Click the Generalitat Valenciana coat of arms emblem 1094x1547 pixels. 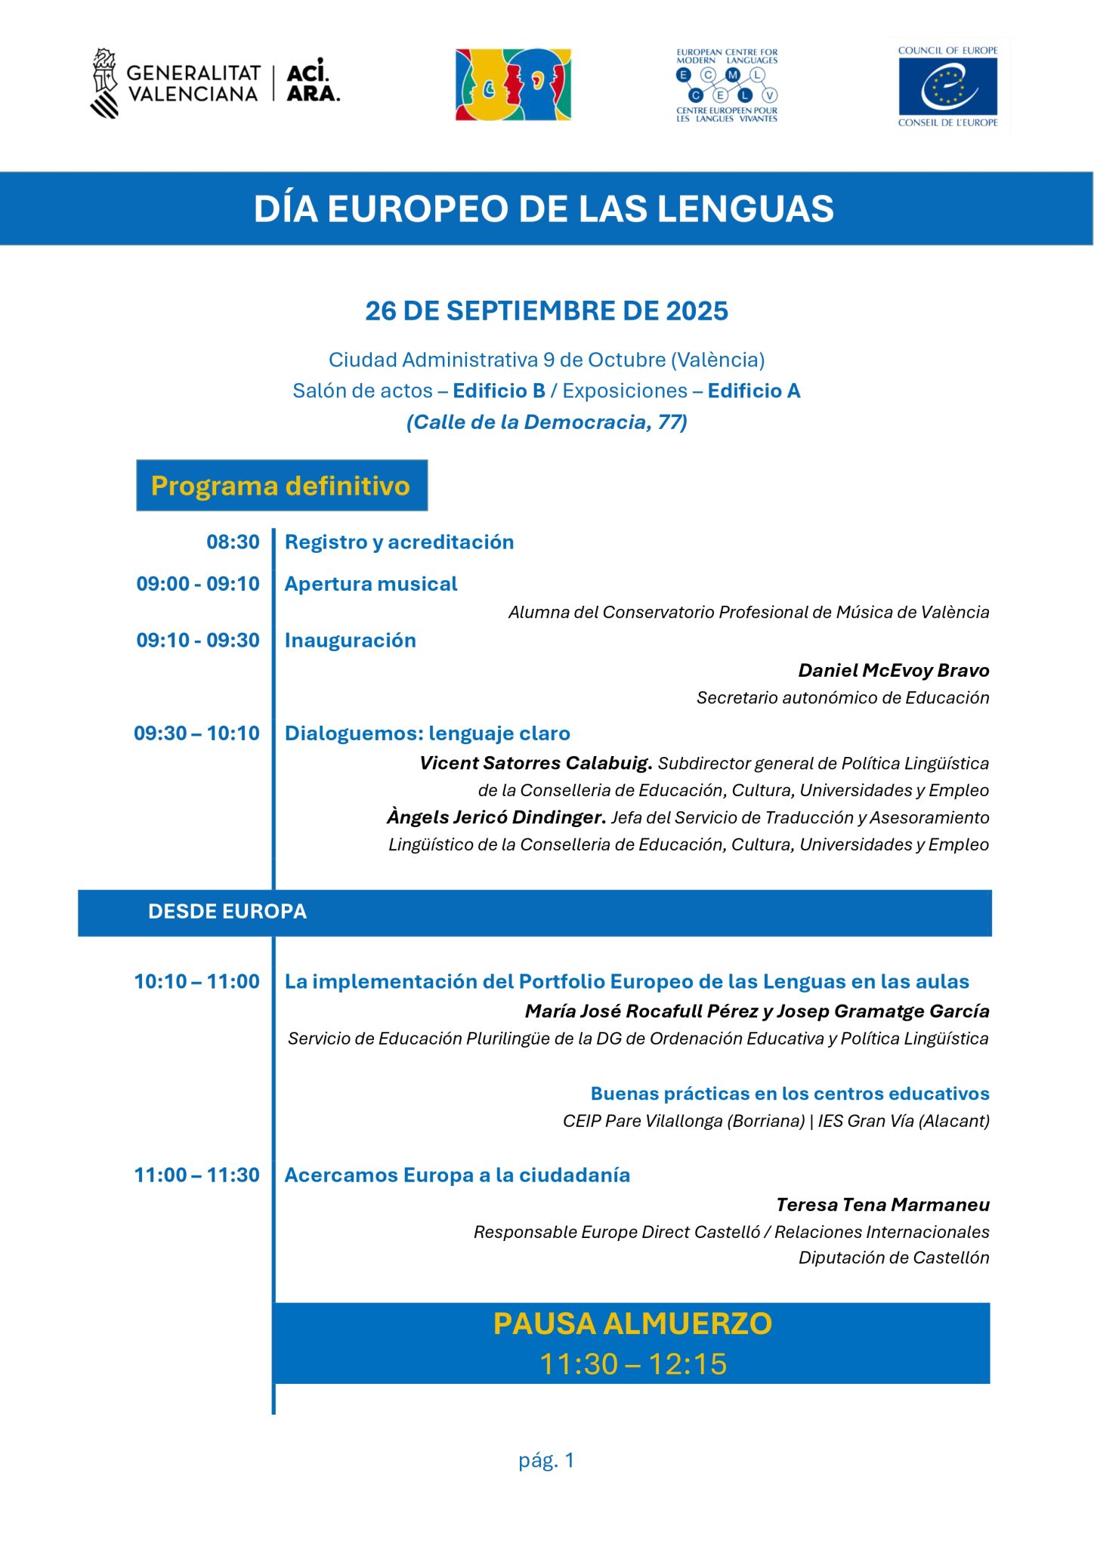coord(105,83)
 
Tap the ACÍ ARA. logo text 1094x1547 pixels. coord(313,82)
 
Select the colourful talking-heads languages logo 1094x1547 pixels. coord(513,85)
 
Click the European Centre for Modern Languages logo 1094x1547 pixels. coord(727,85)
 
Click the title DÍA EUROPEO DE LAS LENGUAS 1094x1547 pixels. coord(544,209)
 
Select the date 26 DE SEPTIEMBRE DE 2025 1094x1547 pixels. coord(546,311)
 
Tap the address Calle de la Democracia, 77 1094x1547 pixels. coord(546,422)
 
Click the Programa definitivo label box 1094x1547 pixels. coord(281,486)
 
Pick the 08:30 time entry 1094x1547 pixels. coord(233,542)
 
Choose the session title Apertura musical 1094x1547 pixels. coord(371,584)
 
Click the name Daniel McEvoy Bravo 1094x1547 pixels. coord(893,671)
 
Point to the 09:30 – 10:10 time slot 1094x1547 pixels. coord(196,733)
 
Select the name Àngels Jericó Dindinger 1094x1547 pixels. coord(496,817)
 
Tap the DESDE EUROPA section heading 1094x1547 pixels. coord(227,912)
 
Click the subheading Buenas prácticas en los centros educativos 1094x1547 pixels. coord(790,1094)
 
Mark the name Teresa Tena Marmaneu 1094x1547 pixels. coord(882,1205)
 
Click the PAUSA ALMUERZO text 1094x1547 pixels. coord(632,1324)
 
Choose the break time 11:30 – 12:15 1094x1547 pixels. coord(632,1364)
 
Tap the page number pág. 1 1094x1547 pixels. coord(546,1460)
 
